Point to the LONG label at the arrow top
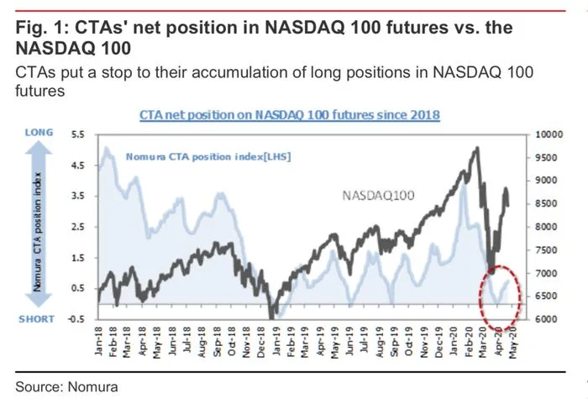(x=39, y=133)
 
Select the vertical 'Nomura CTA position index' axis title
(x=38, y=227)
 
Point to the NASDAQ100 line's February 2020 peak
(x=477, y=149)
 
